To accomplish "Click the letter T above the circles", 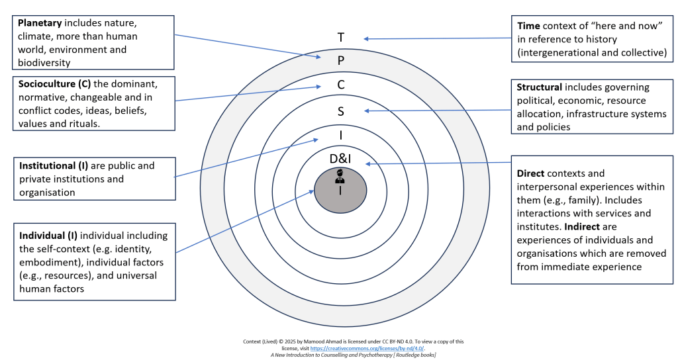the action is tap(341, 38).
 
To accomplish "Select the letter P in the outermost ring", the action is tap(341, 60).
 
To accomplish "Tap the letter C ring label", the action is tap(341, 85).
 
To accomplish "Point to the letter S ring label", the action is tap(341, 111).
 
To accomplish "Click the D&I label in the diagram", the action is tap(340, 159).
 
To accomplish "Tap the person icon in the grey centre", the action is tap(340, 176).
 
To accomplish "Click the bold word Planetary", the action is tap(40, 23).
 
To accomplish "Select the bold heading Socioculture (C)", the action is tap(54, 84).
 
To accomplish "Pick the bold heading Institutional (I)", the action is tap(54, 165).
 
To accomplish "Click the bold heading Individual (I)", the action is tap(48, 236).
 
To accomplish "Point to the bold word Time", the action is tap(528, 26).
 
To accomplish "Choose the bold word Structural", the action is tap(539, 87).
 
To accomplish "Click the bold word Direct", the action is tap(530, 173).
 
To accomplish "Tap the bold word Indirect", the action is tap(582, 226).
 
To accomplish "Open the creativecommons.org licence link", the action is tap(367, 348).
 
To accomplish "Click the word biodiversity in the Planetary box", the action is tap(44, 63).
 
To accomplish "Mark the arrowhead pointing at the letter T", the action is tap(365, 39).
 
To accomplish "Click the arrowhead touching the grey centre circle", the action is tap(311, 192).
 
